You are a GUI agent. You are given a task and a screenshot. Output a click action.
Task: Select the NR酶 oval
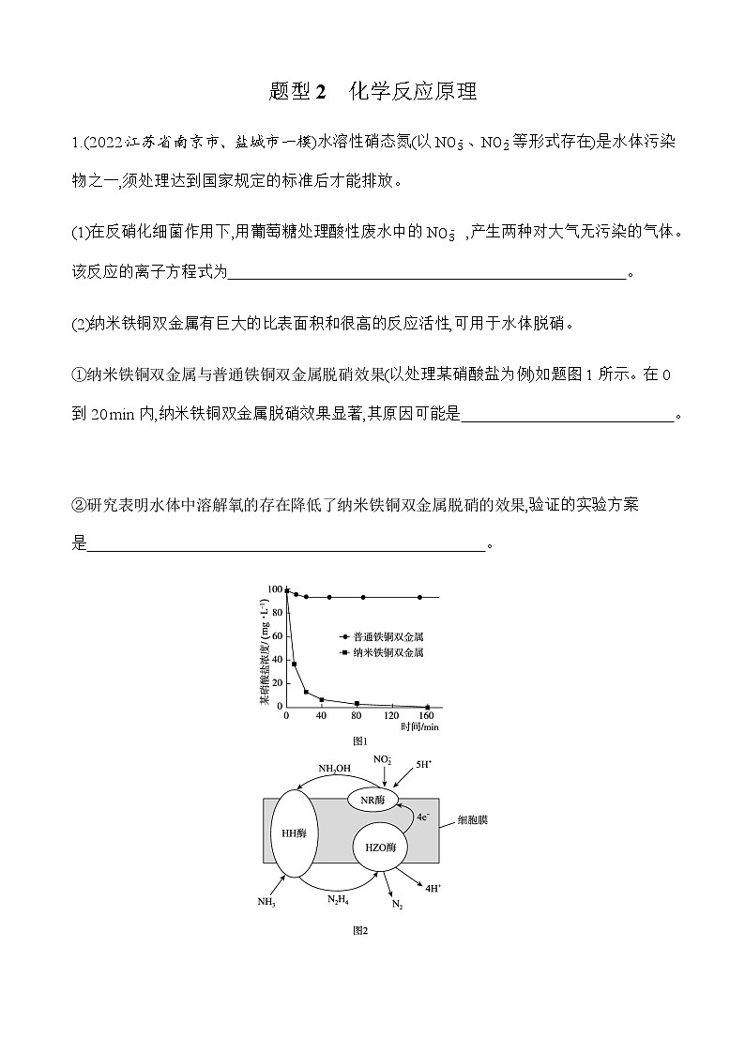pyautogui.click(x=372, y=800)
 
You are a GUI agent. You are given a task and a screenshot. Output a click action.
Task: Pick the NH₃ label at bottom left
pyautogui.click(x=266, y=902)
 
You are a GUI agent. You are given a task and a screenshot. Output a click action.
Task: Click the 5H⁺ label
pyautogui.click(x=424, y=767)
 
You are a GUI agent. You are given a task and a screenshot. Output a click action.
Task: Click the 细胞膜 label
pyautogui.click(x=472, y=819)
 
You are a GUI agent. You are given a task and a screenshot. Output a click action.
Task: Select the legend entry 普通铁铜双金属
pyautogui.click(x=381, y=635)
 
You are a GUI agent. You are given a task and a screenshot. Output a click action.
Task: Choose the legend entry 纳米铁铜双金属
pyautogui.click(x=381, y=651)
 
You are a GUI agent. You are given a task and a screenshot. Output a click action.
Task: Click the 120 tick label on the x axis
pyautogui.click(x=392, y=716)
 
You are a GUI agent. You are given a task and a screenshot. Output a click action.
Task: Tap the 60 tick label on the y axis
pyautogui.click(x=276, y=636)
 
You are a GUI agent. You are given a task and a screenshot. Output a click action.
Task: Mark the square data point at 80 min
pyautogui.click(x=357, y=703)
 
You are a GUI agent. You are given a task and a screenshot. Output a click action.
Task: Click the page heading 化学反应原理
pyautogui.click(x=413, y=91)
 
